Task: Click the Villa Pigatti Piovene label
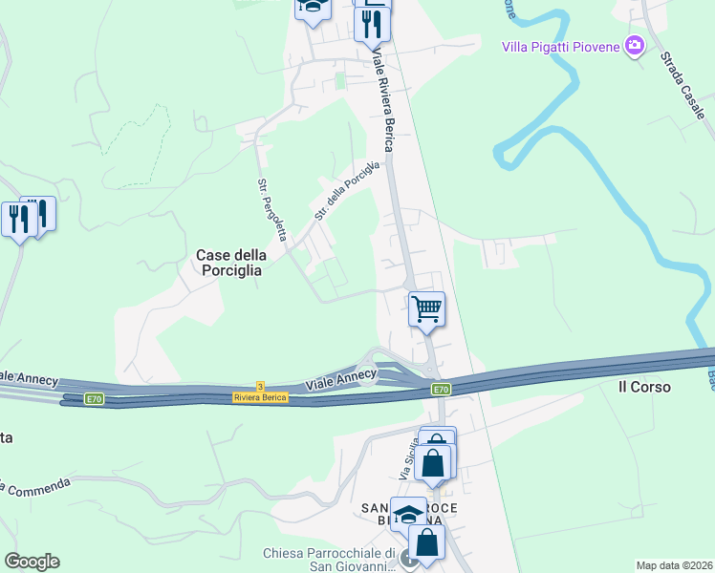[562, 46]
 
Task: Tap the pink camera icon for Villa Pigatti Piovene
[634, 45]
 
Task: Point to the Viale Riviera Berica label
[382, 102]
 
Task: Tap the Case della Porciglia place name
[229, 262]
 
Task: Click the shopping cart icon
[426, 308]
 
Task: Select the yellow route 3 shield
[260, 386]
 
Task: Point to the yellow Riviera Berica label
[261, 397]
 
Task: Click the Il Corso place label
[644, 387]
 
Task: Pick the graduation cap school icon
[408, 514]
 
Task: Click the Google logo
[32, 562]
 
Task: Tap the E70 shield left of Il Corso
[440, 390]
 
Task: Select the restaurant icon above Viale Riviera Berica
[372, 23]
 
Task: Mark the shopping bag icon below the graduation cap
[427, 541]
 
